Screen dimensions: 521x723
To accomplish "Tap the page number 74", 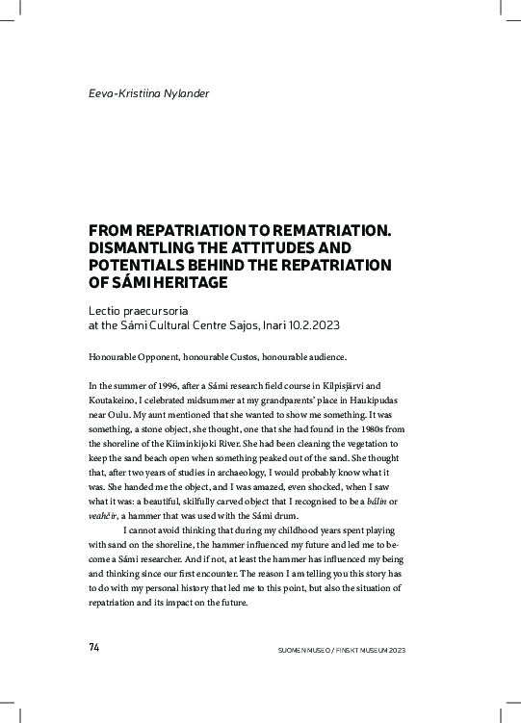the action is click(x=94, y=648).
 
